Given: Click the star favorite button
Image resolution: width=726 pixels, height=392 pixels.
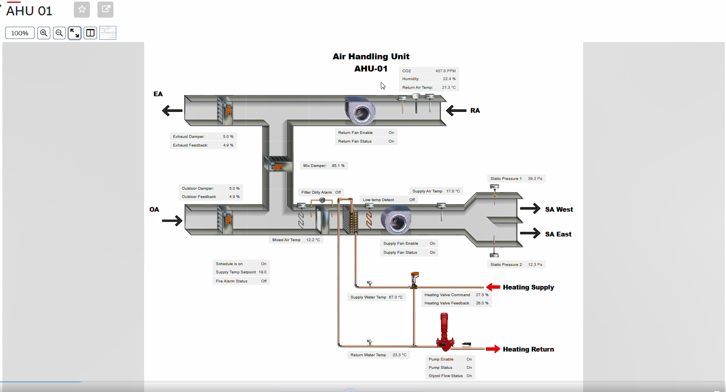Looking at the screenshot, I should [x=82, y=9].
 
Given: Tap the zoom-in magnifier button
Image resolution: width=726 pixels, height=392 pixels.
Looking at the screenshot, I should [x=44, y=33].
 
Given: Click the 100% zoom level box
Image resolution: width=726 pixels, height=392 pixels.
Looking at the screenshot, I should [x=20, y=33].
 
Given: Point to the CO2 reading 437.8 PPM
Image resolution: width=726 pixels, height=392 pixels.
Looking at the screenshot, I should [x=445, y=71].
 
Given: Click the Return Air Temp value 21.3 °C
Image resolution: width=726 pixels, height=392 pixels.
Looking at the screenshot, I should [x=448, y=88].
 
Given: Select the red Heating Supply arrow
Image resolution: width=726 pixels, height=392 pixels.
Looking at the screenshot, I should [x=493, y=287].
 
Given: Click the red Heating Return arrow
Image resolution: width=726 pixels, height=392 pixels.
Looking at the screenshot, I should [x=493, y=349].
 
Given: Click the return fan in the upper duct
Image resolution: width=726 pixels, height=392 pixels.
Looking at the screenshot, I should [x=360, y=111].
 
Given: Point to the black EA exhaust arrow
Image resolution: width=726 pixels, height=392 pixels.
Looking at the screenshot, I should [x=172, y=111].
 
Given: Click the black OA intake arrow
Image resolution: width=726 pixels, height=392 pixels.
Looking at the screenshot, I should [x=172, y=221].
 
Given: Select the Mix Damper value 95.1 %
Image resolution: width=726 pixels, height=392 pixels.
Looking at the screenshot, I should [x=338, y=166].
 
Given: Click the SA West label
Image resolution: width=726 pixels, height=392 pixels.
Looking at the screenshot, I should [x=559, y=210].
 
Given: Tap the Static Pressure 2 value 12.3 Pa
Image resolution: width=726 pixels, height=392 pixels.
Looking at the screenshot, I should [x=535, y=265].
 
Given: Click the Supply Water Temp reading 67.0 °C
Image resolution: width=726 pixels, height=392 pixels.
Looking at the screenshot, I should [x=395, y=297].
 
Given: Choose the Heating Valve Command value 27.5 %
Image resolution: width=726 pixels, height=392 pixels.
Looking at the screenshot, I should [x=482, y=295].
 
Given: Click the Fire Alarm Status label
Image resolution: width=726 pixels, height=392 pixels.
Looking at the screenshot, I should [x=231, y=281].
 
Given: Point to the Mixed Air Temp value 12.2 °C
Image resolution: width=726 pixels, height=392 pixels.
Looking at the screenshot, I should [x=313, y=240].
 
